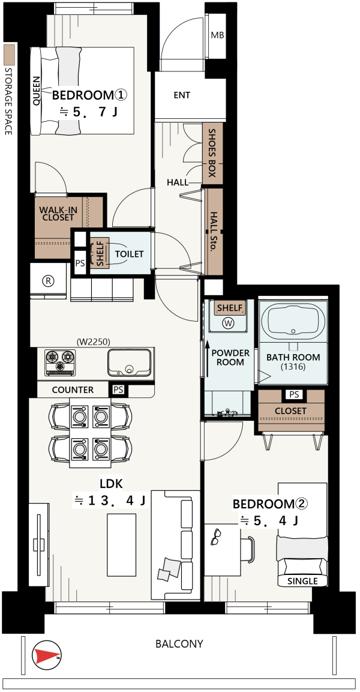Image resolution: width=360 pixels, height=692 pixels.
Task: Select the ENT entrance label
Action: click(182, 95)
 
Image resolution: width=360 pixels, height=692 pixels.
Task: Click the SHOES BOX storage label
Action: click(212, 153)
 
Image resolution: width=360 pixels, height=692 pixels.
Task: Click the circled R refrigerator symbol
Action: click(47, 281)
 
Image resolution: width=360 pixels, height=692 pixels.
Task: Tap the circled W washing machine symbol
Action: click(229, 323)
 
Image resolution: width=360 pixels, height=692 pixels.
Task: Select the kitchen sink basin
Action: click(129, 362)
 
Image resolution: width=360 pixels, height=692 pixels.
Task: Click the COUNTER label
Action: click(73, 390)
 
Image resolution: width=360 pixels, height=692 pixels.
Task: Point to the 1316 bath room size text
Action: click(293, 367)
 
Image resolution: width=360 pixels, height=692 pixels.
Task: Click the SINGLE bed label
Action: click(302, 581)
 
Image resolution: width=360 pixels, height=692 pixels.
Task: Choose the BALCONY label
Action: click(179, 643)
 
